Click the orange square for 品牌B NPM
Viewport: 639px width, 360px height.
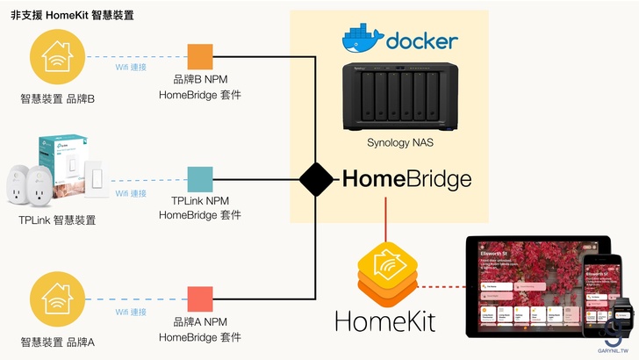coord(201,57)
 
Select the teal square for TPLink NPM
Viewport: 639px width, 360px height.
coord(201,179)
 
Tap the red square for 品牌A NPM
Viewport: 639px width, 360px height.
coord(201,300)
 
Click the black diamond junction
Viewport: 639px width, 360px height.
coord(316,180)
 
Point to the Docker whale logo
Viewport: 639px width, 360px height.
coord(362,40)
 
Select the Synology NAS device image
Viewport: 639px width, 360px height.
coord(400,95)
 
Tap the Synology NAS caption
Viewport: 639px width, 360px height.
coord(401,141)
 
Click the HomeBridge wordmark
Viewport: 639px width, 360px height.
coord(406,180)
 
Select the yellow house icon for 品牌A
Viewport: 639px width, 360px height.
coord(58,300)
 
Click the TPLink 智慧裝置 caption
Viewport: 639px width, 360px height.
coord(58,220)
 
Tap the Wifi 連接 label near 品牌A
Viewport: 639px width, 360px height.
coord(132,312)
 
